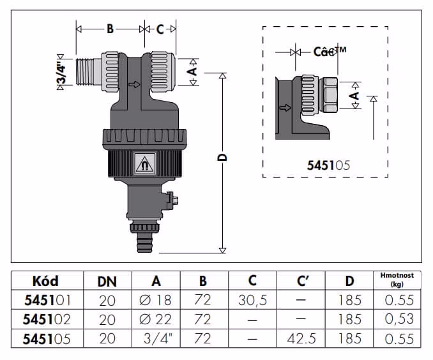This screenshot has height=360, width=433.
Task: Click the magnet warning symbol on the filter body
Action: (144, 164)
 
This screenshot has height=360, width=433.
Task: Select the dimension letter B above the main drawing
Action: (110, 29)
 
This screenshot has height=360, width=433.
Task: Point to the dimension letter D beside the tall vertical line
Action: (222, 158)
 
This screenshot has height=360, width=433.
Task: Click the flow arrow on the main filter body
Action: (135, 84)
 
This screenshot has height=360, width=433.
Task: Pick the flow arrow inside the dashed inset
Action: (285, 107)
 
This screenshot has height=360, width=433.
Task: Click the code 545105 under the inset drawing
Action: (328, 165)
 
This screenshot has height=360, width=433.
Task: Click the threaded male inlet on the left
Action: (88, 72)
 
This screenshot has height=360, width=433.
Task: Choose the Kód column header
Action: (45, 281)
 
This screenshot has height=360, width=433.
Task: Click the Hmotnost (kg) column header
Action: (397, 280)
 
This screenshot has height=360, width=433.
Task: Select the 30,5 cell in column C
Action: (253, 301)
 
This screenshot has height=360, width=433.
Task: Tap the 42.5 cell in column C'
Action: (301, 339)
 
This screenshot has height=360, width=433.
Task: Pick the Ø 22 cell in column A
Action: (155, 319)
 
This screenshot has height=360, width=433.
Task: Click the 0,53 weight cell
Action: (399, 319)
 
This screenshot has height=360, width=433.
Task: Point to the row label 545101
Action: (47, 300)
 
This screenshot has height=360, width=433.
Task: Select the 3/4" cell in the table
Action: (158, 338)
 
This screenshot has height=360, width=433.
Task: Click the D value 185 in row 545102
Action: (350, 319)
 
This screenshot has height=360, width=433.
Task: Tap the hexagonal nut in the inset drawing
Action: (328, 94)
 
